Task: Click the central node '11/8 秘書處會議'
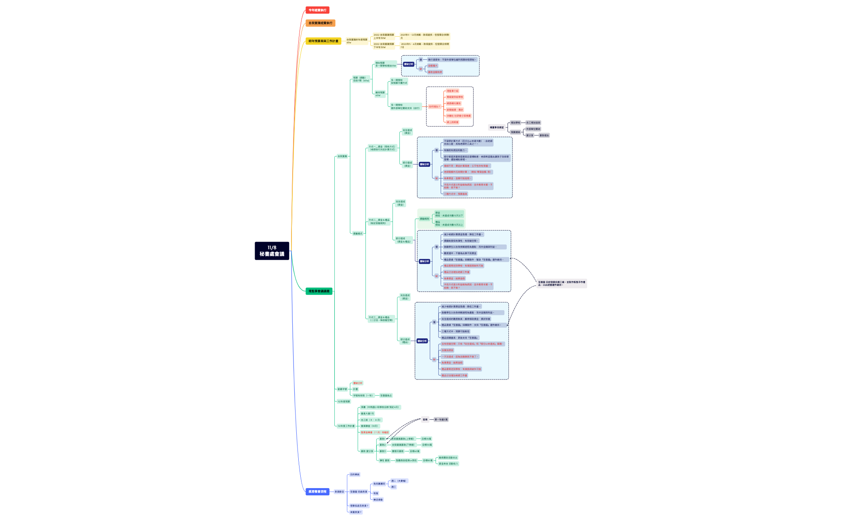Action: tap(272, 251)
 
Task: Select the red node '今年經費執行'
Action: tap(317, 10)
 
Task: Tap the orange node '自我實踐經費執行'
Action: tap(320, 23)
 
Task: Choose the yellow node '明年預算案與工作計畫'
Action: tap(323, 41)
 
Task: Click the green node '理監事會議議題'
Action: tap(319, 291)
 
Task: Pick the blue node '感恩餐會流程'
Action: tap(317, 491)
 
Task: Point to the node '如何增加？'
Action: tap(434, 107)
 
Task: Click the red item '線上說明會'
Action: tap(453, 122)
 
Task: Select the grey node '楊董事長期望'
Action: tap(496, 127)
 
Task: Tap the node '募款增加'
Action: tap(544, 135)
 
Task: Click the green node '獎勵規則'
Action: tap(424, 219)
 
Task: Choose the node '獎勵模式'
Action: tap(358, 234)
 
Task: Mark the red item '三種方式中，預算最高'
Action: tap(455, 194)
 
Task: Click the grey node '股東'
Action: tap(425, 420)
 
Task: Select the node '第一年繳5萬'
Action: tap(441, 420)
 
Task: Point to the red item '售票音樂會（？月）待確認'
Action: tap(374, 432)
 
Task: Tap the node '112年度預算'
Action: tap(344, 402)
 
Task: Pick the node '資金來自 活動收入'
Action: tap(448, 464)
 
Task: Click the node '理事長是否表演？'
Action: tap(359, 506)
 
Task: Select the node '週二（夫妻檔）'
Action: tap(399, 481)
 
